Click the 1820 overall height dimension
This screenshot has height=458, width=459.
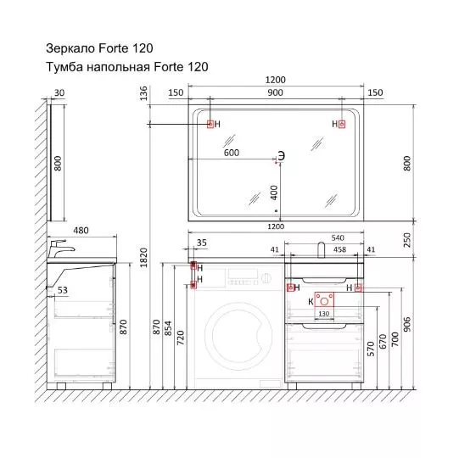click(x=143, y=258)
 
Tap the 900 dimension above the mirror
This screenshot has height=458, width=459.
click(x=275, y=92)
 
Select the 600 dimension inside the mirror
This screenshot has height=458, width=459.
click(x=232, y=153)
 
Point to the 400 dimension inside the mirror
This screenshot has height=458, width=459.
click(x=274, y=193)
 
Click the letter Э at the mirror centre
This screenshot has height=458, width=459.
click(x=281, y=156)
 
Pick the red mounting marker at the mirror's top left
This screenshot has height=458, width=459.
click(x=210, y=124)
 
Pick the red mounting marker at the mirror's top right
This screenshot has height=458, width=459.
click(x=342, y=124)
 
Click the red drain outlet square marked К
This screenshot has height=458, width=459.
click(x=324, y=299)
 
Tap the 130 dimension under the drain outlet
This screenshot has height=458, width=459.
click(x=324, y=314)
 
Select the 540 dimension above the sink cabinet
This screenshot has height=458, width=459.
click(x=338, y=238)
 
